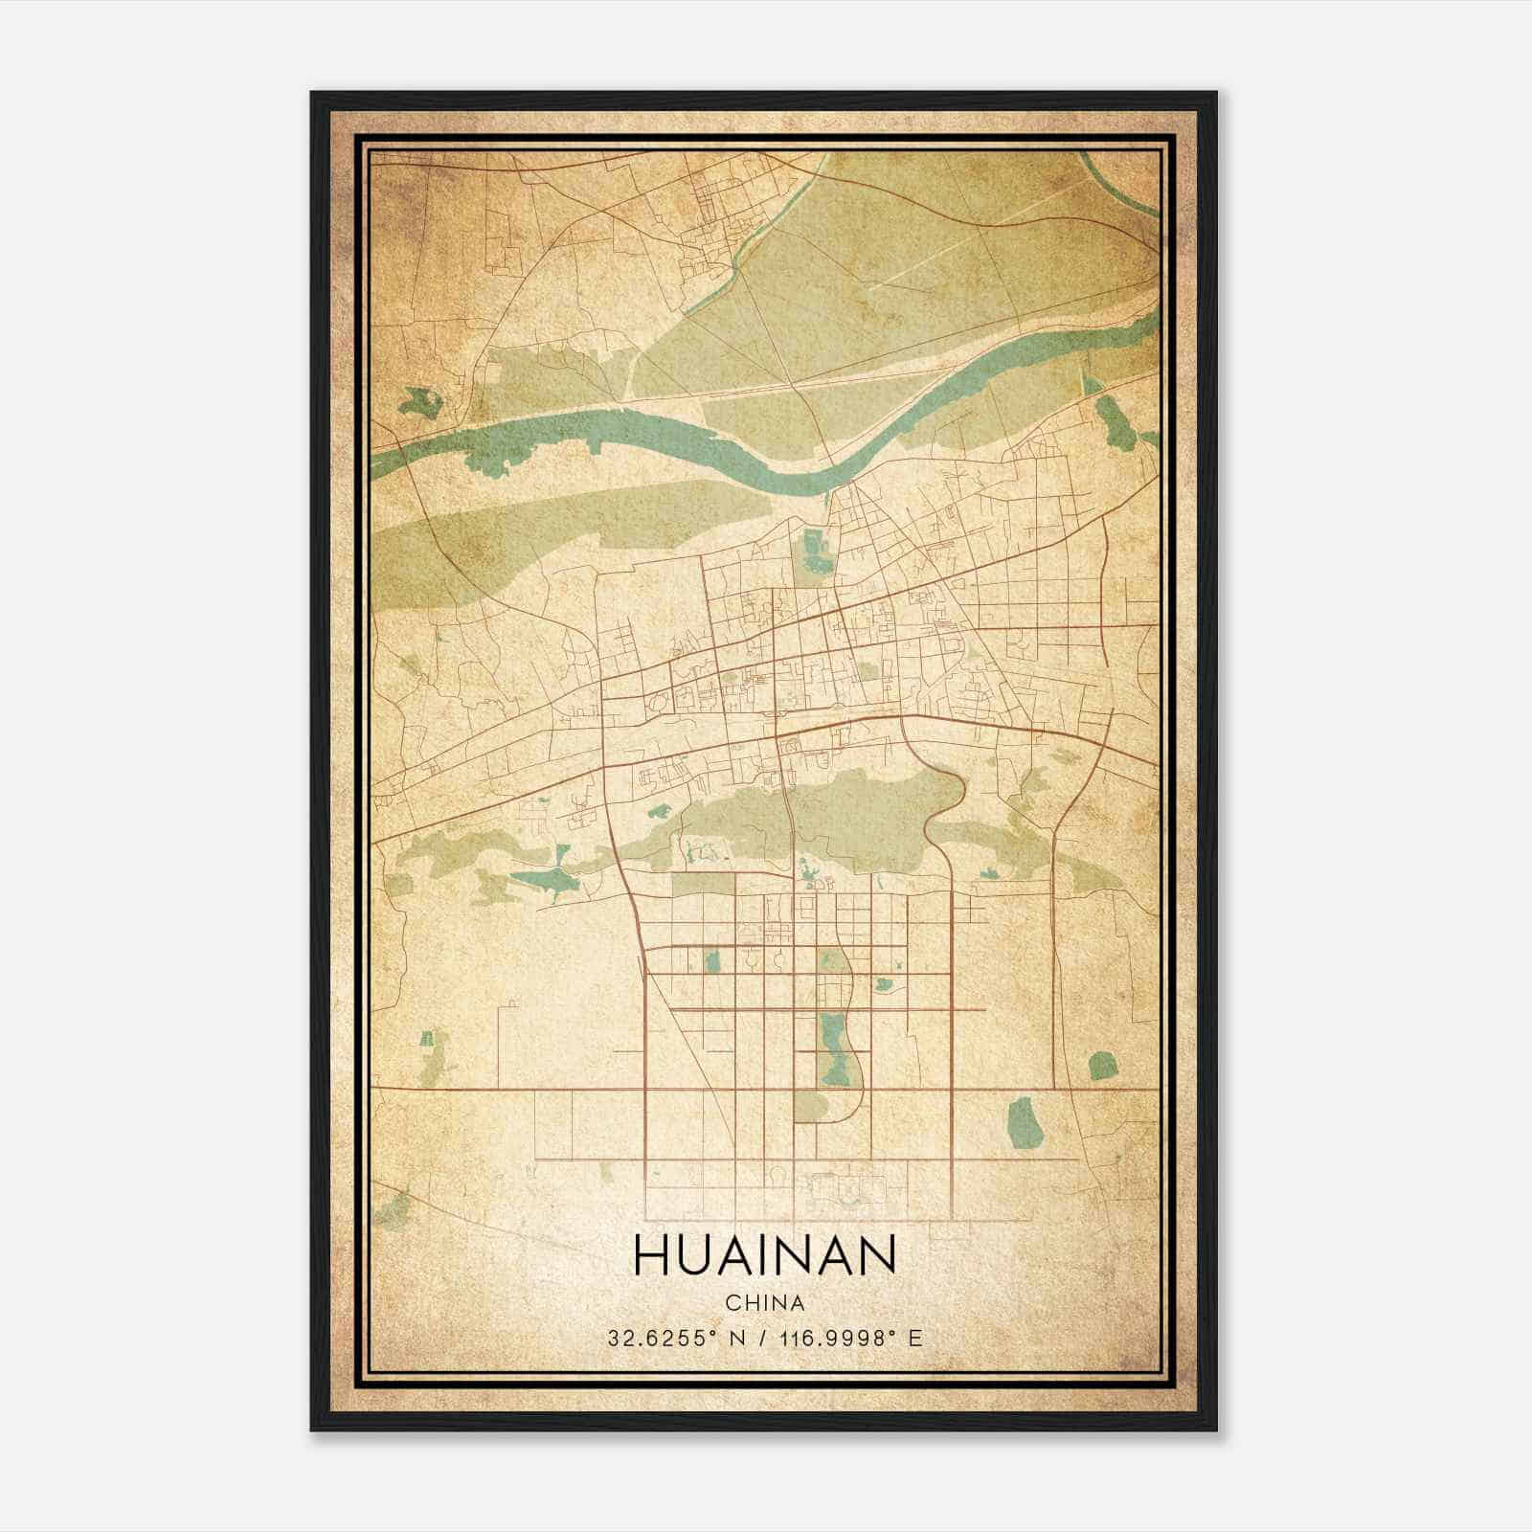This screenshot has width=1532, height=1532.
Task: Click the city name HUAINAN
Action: (x=764, y=1254)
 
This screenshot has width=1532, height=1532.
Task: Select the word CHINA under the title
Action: (x=764, y=1303)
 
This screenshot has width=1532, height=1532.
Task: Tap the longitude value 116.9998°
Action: (x=824, y=1338)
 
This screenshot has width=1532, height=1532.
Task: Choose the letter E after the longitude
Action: (x=916, y=1338)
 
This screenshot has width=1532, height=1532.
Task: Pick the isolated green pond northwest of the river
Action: (x=417, y=400)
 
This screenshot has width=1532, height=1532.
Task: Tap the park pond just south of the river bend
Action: (x=815, y=551)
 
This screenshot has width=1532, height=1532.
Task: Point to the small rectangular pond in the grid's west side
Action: (x=711, y=958)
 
